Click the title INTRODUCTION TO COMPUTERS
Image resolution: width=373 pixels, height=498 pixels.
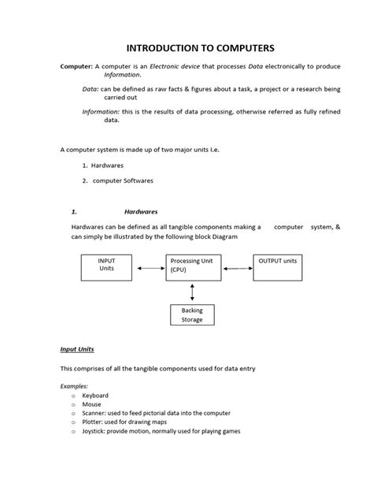[x=186, y=46]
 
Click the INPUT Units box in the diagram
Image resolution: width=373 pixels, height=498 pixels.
[x=106, y=267]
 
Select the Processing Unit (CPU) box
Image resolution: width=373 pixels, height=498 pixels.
[x=192, y=267]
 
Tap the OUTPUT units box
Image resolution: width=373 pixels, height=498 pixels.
[x=279, y=267]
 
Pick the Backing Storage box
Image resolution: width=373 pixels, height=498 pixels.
[x=192, y=315]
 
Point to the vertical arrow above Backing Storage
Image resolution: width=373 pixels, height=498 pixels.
[x=192, y=292]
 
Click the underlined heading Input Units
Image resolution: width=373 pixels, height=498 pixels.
[x=77, y=349]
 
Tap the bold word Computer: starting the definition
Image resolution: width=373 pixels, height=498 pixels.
[x=76, y=67]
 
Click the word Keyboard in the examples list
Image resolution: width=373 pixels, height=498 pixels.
[x=95, y=396]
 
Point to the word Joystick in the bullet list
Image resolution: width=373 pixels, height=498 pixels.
[x=95, y=431]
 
